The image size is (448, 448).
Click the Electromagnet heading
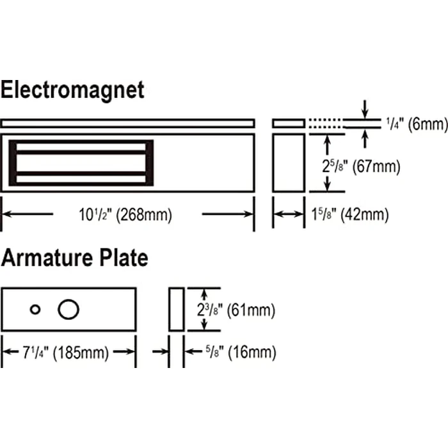coord(72,90)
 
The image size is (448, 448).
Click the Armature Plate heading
coord(74,259)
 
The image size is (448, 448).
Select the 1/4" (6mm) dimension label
coord(415,124)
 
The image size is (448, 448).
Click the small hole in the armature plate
coord(35,310)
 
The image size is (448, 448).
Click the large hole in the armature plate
coord(68,309)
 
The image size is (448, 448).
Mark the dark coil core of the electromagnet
coord(81,163)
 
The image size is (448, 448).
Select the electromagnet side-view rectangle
coord(288,163)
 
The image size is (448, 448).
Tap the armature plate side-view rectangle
coord(177,309)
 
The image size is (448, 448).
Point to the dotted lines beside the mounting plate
coord(323,123)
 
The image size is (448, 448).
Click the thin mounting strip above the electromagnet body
coord(128,123)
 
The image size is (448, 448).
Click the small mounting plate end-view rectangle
coord(288,123)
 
